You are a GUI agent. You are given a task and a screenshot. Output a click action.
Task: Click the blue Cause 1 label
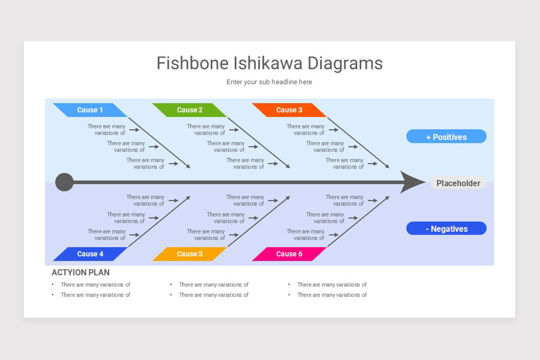[90, 110]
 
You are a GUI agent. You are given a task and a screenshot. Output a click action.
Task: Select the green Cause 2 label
[189, 110]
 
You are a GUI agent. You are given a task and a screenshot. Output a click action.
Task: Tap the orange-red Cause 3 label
[289, 110]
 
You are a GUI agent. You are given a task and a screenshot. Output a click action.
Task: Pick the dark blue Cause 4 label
[90, 254]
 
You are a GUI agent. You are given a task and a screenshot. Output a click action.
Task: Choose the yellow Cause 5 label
[189, 254]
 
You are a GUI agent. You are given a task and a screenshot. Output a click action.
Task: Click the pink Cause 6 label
[289, 254]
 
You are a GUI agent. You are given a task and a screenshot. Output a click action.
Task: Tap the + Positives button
[446, 137]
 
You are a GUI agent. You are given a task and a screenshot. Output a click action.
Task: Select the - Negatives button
[446, 229]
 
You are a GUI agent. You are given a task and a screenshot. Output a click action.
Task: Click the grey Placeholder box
[458, 183]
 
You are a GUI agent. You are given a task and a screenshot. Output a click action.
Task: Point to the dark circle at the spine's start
[64, 182]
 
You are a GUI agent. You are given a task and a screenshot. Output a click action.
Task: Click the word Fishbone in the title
[192, 63]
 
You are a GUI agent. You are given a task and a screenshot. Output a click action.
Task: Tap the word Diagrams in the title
[345, 63]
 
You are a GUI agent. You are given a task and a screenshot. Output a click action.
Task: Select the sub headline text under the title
[269, 82]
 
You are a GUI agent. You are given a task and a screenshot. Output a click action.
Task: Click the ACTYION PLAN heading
[81, 272]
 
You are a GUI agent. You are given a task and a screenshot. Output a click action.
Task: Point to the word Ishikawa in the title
[268, 63]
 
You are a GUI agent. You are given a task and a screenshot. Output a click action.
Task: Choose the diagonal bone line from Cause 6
[358, 222]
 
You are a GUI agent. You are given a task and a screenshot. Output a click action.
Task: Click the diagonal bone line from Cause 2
[258, 142]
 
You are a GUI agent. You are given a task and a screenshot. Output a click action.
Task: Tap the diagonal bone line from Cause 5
[258, 222]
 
